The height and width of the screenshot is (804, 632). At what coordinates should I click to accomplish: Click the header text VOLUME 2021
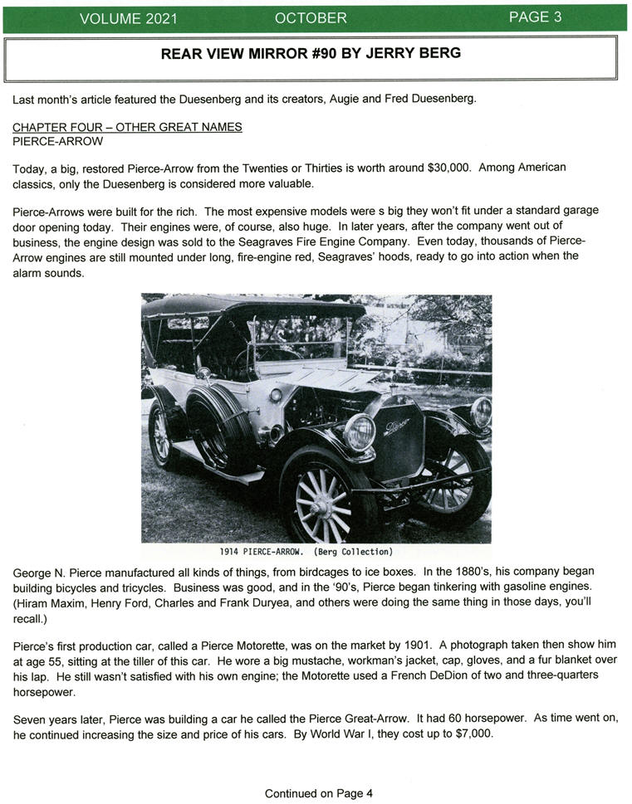[123, 17]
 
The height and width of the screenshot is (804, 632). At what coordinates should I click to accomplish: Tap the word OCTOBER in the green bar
[311, 17]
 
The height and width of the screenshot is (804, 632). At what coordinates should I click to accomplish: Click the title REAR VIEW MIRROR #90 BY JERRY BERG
[311, 54]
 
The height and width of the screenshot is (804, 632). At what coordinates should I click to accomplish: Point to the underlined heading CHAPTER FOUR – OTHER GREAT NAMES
[127, 127]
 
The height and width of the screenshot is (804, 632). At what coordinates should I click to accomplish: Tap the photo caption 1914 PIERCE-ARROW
[262, 551]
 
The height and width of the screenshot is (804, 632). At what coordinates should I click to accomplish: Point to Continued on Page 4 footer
[318, 793]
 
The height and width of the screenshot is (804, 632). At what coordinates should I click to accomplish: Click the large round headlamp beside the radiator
[360, 431]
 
